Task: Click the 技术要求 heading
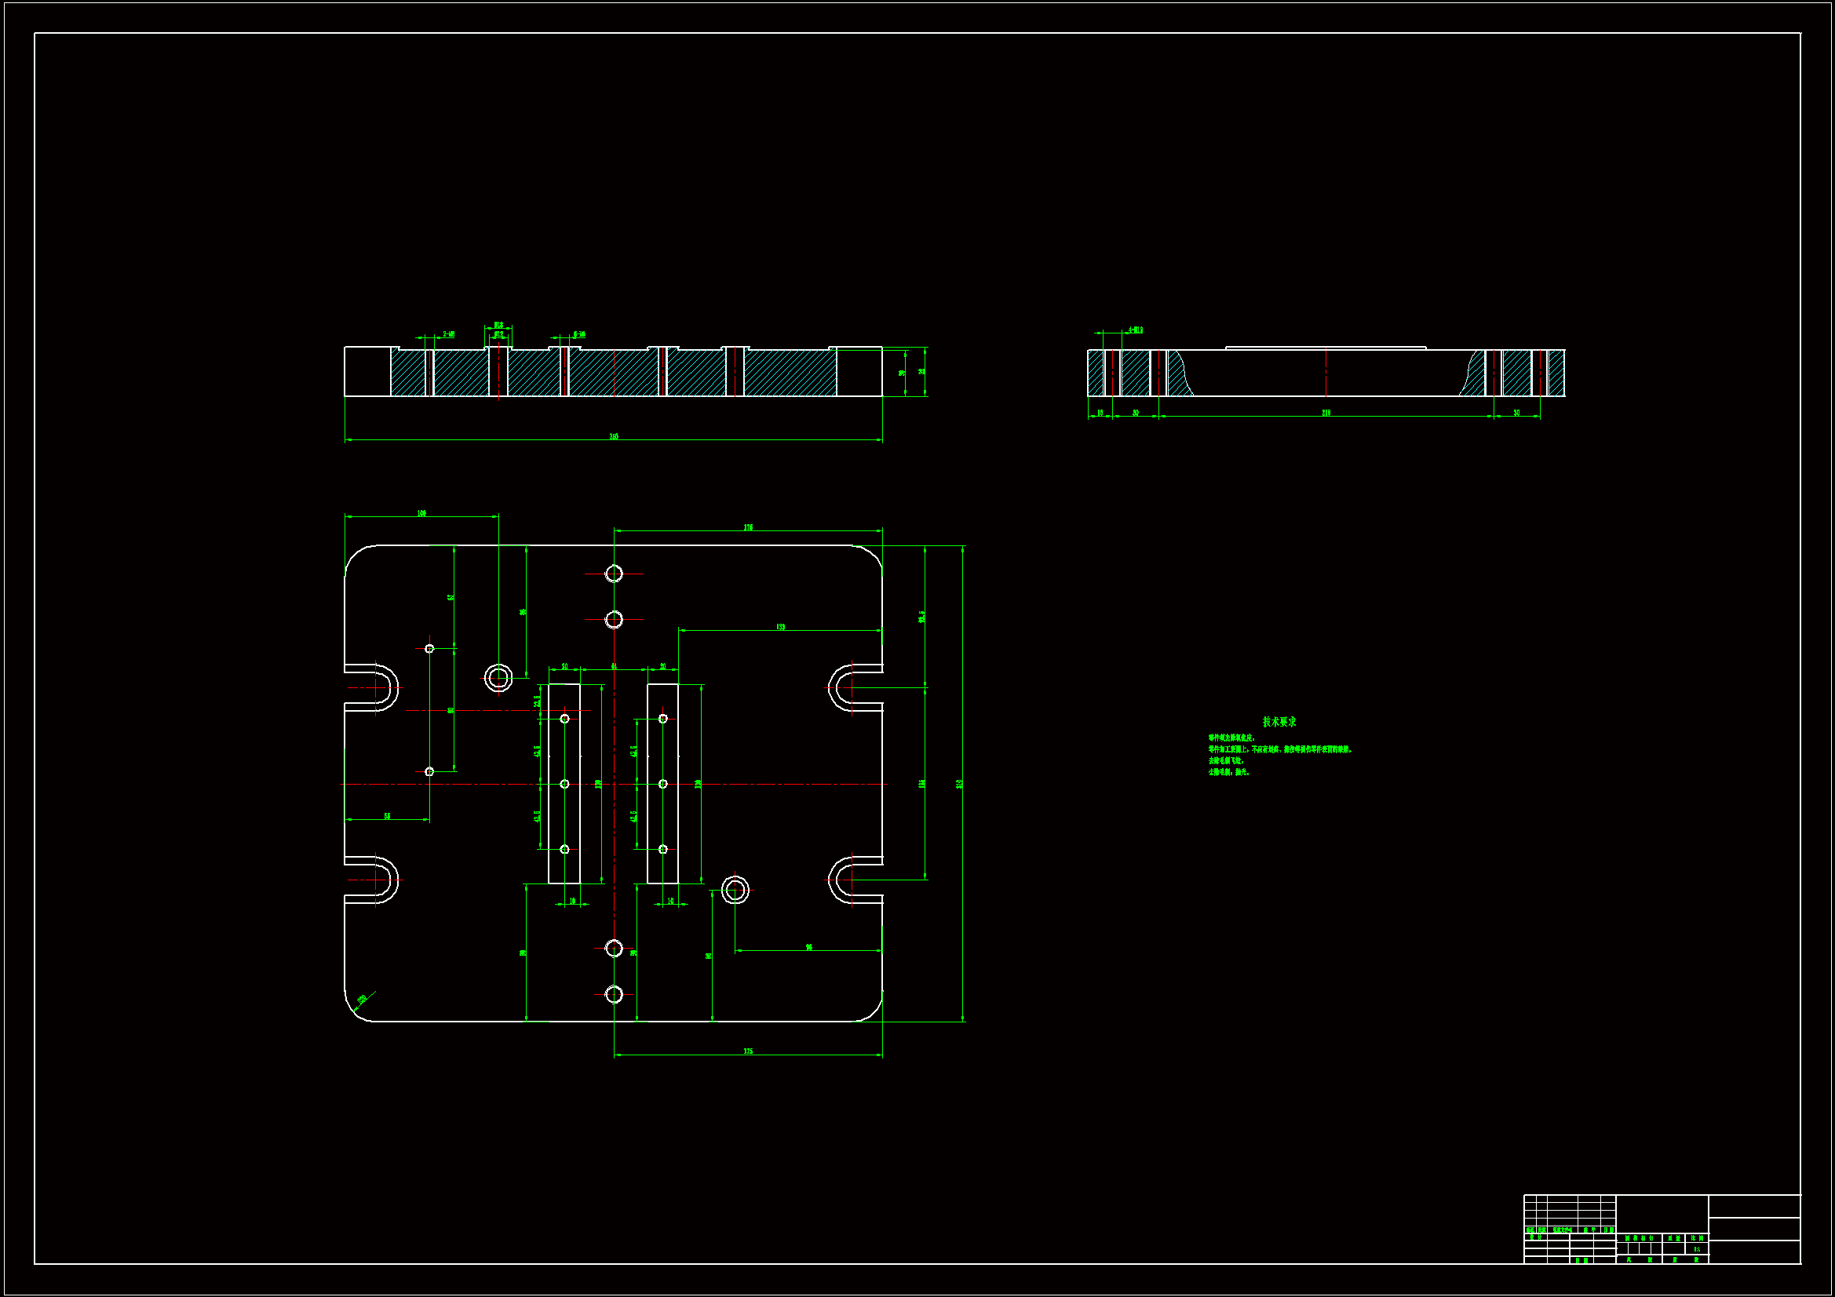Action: [x=1279, y=722]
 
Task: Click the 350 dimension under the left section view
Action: [x=614, y=436]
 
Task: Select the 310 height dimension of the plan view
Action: [x=959, y=784]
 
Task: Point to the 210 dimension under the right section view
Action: [x=1326, y=414]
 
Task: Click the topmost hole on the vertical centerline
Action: [x=614, y=574]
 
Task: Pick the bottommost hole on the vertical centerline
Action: [x=614, y=994]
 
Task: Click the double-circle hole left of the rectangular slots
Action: [x=498, y=679]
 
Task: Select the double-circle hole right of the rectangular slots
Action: [x=735, y=890]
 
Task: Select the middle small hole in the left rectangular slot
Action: [x=564, y=784]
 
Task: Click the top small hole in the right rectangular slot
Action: [x=662, y=720]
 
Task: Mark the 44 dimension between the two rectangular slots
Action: [x=614, y=666]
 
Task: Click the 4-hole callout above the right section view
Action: [x=1135, y=330]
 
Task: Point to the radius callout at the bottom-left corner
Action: [x=362, y=999]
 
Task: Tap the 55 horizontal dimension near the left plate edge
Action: [x=387, y=816]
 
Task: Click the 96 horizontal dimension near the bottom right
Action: [x=809, y=947]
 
